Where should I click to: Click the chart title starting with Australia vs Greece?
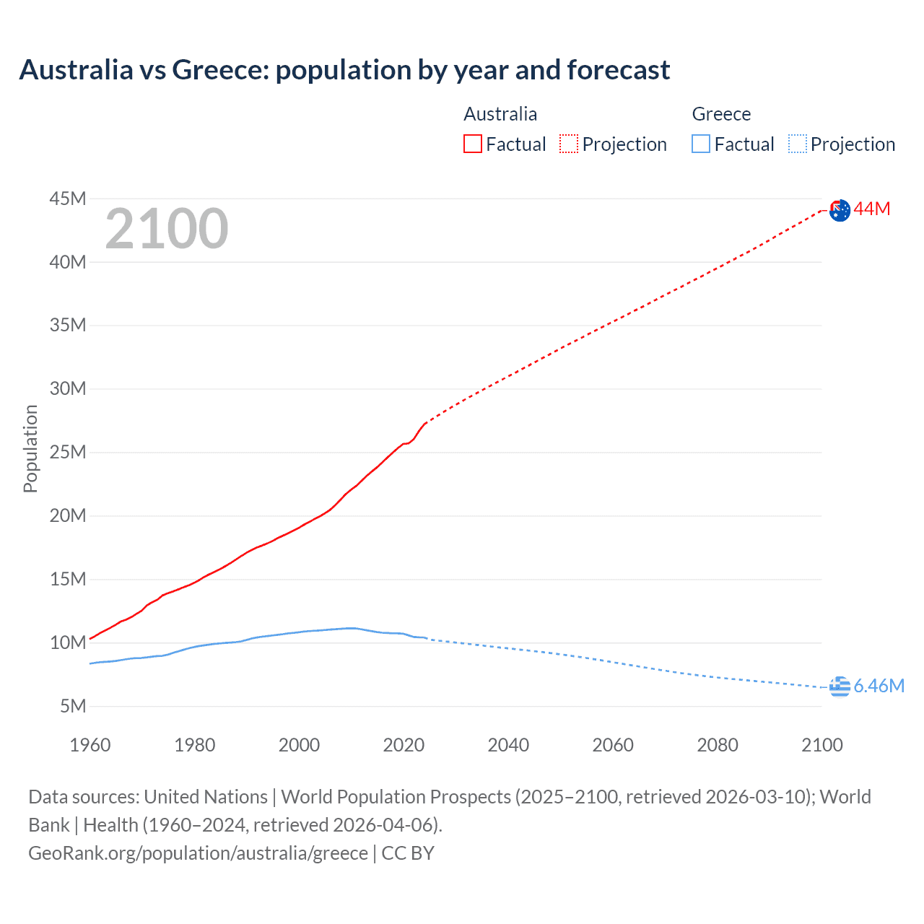tap(344, 70)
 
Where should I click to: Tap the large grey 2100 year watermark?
tap(167, 229)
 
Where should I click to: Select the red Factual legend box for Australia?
tap(473, 144)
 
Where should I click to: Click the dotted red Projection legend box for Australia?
tap(569, 144)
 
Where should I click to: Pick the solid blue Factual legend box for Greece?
tap(701, 144)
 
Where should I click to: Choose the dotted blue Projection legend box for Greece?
tap(798, 144)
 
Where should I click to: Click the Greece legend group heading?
tap(721, 114)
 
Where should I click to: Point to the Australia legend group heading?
tap(500, 114)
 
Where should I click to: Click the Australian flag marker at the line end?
tap(840, 210)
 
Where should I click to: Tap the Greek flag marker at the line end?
tap(840, 687)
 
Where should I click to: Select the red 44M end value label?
tap(872, 209)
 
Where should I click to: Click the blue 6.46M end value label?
tap(879, 686)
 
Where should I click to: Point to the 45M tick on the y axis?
tap(68, 199)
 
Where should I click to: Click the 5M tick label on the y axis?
tap(73, 706)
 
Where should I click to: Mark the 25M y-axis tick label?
tap(68, 453)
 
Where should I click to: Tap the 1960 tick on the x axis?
tap(90, 745)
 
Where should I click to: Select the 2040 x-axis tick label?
tap(508, 745)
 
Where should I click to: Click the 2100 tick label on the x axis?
tap(821, 745)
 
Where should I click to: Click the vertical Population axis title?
tap(30, 448)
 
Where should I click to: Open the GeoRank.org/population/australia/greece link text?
tap(199, 853)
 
